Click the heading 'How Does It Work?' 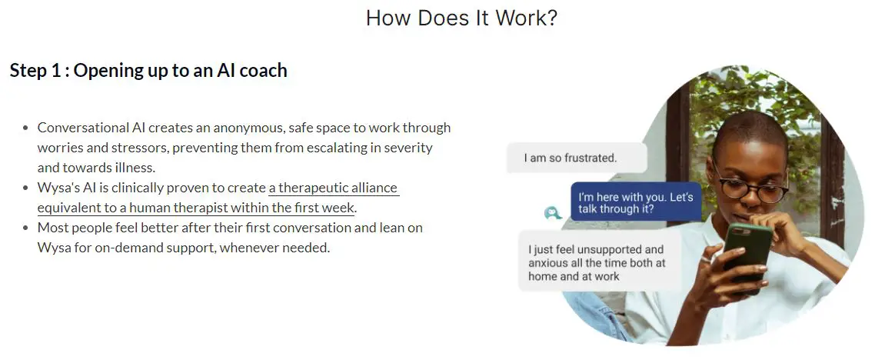(461, 18)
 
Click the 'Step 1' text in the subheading (35, 71)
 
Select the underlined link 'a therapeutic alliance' (334, 188)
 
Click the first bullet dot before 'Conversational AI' (25, 128)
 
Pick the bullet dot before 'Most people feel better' (25, 228)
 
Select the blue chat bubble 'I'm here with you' (636, 202)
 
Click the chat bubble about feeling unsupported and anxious (600, 262)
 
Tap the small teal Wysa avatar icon (553, 213)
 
